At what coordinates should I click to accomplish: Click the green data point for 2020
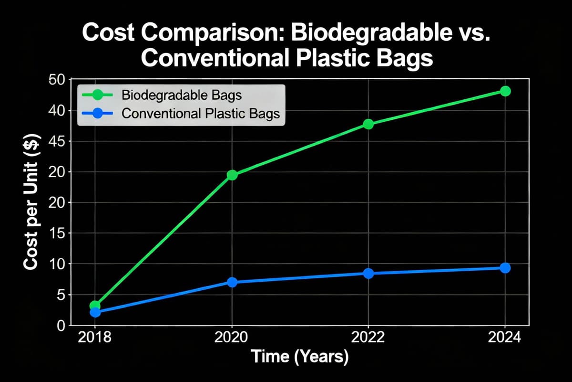pyautogui.click(x=232, y=175)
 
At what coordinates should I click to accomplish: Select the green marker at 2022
pyautogui.click(x=368, y=124)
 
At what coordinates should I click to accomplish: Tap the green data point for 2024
pyautogui.click(x=505, y=91)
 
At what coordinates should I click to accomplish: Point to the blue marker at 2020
pyautogui.click(x=232, y=282)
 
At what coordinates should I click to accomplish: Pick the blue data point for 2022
pyautogui.click(x=368, y=274)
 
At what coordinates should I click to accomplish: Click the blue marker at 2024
pyautogui.click(x=505, y=268)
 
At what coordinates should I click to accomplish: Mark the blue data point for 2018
pyautogui.click(x=95, y=312)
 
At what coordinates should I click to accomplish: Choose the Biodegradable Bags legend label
pyautogui.click(x=182, y=95)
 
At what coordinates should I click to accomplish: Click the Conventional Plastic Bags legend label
pyautogui.click(x=201, y=114)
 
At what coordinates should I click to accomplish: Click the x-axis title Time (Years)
pyautogui.click(x=300, y=357)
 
